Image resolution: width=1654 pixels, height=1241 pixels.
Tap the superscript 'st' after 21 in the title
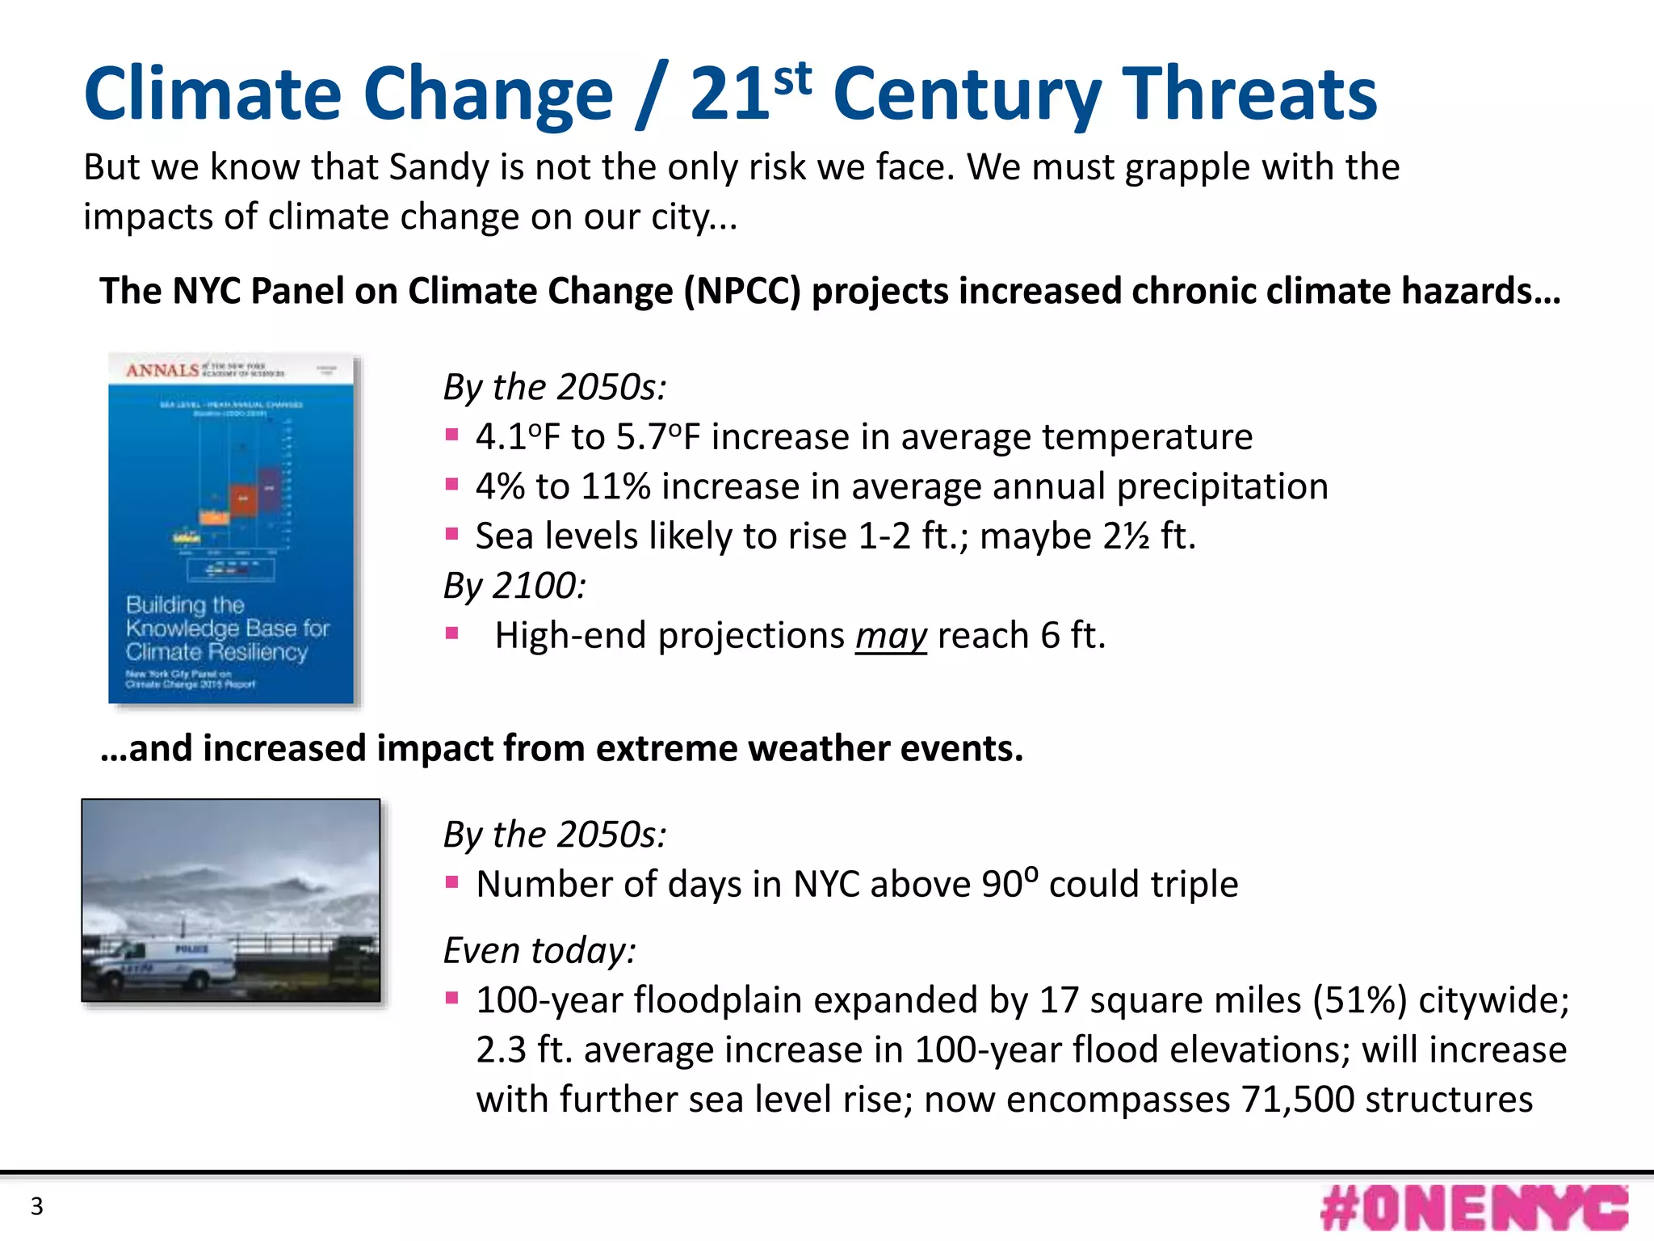(x=791, y=78)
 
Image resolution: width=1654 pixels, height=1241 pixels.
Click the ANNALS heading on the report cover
(x=162, y=370)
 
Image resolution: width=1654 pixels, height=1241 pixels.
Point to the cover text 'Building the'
(x=185, y=604)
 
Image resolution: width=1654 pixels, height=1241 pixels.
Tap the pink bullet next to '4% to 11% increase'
(x=452, y=485)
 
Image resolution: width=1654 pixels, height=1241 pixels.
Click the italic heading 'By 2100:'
(x=514, y=586)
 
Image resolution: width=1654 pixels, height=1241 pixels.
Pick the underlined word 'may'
(x=891, y=636)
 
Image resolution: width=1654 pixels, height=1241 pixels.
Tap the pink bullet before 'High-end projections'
(x=452, y=633)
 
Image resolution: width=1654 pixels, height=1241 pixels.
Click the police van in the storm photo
(x=162, y=962)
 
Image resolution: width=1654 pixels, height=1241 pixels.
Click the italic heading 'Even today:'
(x=539, y=950)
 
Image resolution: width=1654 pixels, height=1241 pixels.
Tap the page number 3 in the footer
(x=36, y=1206)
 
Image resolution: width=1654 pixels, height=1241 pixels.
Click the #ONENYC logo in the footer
(x=1474, y=1208)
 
